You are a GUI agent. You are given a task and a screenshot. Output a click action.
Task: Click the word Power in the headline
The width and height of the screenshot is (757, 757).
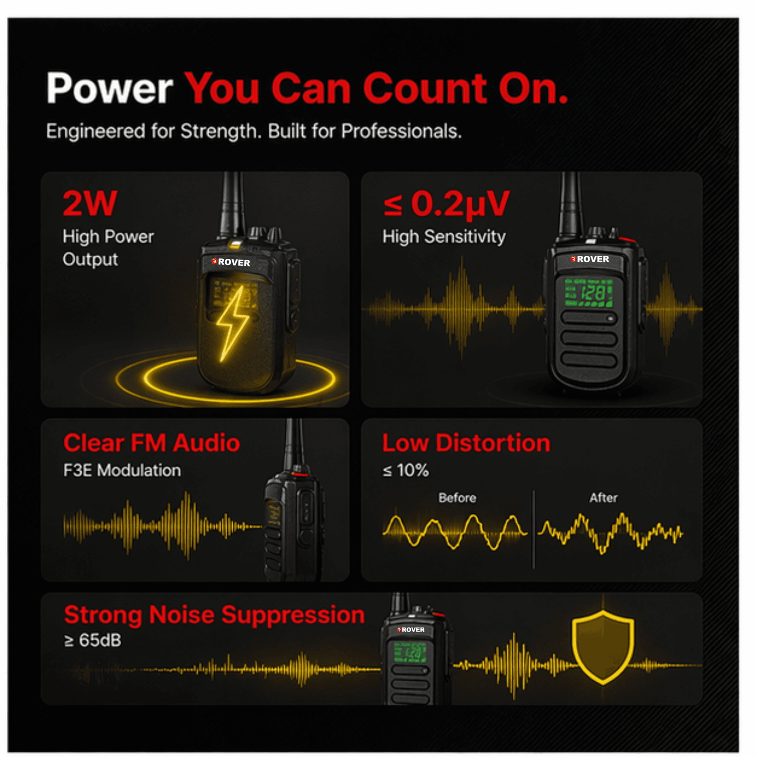110,88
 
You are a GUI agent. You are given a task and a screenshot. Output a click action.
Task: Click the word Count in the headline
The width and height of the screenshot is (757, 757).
425,88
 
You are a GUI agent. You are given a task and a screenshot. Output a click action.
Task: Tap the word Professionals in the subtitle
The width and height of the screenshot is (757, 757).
401,131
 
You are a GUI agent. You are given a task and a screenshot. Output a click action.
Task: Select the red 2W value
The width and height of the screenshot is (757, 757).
89,203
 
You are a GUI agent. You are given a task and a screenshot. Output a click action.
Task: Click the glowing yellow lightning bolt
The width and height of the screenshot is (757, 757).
231,324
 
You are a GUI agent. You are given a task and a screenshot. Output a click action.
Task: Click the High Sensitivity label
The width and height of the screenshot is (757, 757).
444,237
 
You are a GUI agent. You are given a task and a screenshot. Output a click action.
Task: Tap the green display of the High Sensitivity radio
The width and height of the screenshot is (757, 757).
589,292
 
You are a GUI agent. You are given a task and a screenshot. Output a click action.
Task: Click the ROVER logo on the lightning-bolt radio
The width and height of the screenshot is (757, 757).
231,262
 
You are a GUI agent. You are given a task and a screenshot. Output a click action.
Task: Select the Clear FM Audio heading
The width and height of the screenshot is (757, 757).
152,443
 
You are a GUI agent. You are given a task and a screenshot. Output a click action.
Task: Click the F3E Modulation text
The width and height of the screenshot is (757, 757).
122,470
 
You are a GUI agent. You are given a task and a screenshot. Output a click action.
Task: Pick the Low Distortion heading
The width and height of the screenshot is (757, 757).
466,443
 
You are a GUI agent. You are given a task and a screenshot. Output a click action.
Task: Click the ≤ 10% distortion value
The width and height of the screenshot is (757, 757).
405,470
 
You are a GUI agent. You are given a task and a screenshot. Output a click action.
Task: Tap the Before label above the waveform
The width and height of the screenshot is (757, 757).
457,498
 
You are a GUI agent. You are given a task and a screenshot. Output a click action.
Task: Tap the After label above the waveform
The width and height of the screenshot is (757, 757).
603,498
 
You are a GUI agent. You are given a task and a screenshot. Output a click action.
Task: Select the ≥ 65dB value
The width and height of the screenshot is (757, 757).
93,640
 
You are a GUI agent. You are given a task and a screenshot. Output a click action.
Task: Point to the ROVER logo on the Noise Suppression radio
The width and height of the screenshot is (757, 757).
411,630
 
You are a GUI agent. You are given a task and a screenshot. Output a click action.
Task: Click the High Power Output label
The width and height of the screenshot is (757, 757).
108,248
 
